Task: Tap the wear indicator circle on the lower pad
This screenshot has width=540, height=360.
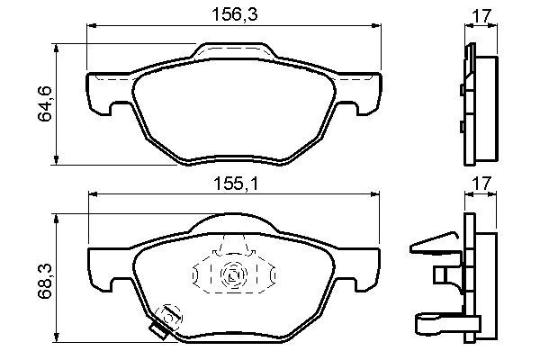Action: [x=168, y=317]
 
